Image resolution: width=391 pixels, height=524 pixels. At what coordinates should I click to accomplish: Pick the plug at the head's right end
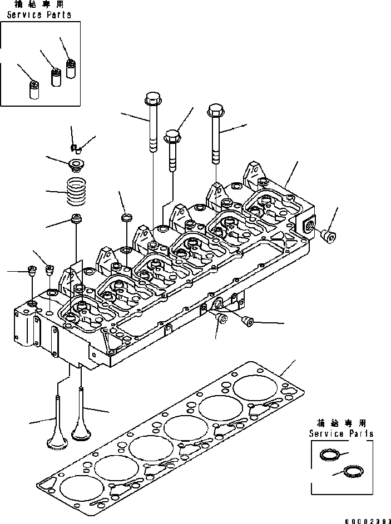pos(329,237)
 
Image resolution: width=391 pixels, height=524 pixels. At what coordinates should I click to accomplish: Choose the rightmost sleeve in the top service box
pos(70,68)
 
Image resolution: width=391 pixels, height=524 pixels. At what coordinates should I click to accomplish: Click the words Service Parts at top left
pos(38,15)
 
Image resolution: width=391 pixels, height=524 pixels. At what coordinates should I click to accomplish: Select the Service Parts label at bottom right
pos(341,433)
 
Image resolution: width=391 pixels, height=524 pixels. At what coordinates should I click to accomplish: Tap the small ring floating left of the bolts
pos(126,216)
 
